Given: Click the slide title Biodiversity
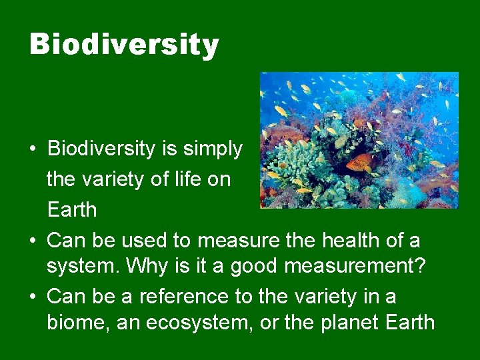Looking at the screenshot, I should pyautogui.click(x=124, y=45).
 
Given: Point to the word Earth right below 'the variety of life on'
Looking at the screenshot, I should pyautogui.click(x=71, y=209).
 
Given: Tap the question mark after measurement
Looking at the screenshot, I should pyautogui.click(x=419, y=265).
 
